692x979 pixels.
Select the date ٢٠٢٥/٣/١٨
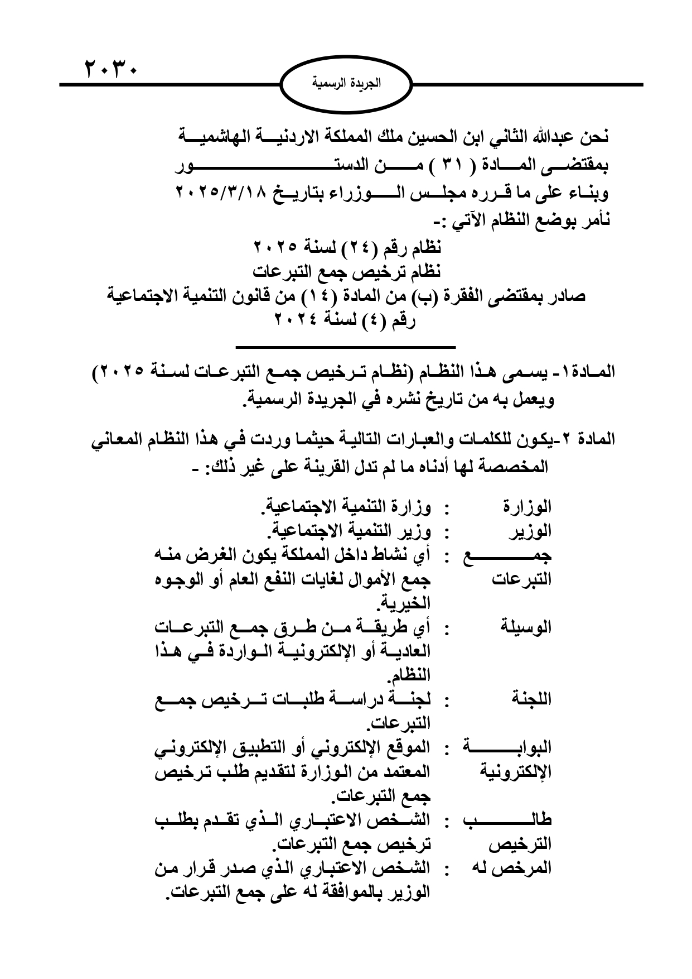point(223,193)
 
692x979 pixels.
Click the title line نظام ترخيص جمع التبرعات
point(346,272)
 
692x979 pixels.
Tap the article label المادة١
point(592,371)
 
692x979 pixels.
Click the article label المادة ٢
point(588,439)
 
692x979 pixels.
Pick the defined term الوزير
point(530,531)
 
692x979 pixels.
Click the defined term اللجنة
point(531,699)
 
